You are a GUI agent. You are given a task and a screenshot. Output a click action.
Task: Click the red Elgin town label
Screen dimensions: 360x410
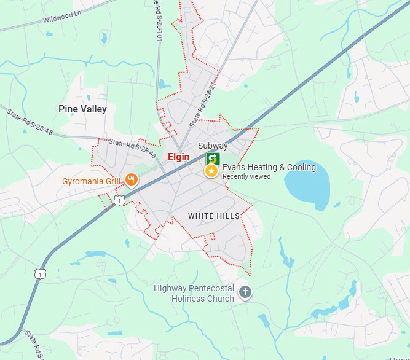178,157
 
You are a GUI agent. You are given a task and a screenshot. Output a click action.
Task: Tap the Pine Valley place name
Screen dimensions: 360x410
82,109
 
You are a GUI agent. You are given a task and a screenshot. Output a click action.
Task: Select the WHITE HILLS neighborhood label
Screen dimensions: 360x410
214,216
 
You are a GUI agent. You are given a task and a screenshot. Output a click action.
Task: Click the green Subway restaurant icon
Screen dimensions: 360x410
213,158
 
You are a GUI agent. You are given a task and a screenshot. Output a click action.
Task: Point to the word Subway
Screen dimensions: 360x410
213,146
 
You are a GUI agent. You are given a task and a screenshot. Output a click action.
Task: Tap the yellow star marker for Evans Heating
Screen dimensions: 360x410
211,171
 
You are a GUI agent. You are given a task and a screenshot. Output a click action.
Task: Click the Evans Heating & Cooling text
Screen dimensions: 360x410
269,167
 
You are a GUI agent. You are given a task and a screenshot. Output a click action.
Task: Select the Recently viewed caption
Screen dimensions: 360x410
246,177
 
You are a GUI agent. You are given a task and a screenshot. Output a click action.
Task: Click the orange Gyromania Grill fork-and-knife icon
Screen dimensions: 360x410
131,180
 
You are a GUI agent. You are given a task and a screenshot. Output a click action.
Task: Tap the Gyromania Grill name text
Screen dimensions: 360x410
91,181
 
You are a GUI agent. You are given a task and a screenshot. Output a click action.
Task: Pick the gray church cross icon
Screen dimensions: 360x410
245,292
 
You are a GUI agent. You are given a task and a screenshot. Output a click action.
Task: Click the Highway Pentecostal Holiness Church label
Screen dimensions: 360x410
194,294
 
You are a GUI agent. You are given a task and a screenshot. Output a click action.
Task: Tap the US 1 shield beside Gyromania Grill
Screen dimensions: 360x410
119,200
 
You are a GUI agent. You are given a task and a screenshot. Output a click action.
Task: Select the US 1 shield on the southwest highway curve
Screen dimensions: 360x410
41,272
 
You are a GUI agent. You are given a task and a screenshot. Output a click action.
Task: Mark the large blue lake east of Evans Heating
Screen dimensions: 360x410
307,182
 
